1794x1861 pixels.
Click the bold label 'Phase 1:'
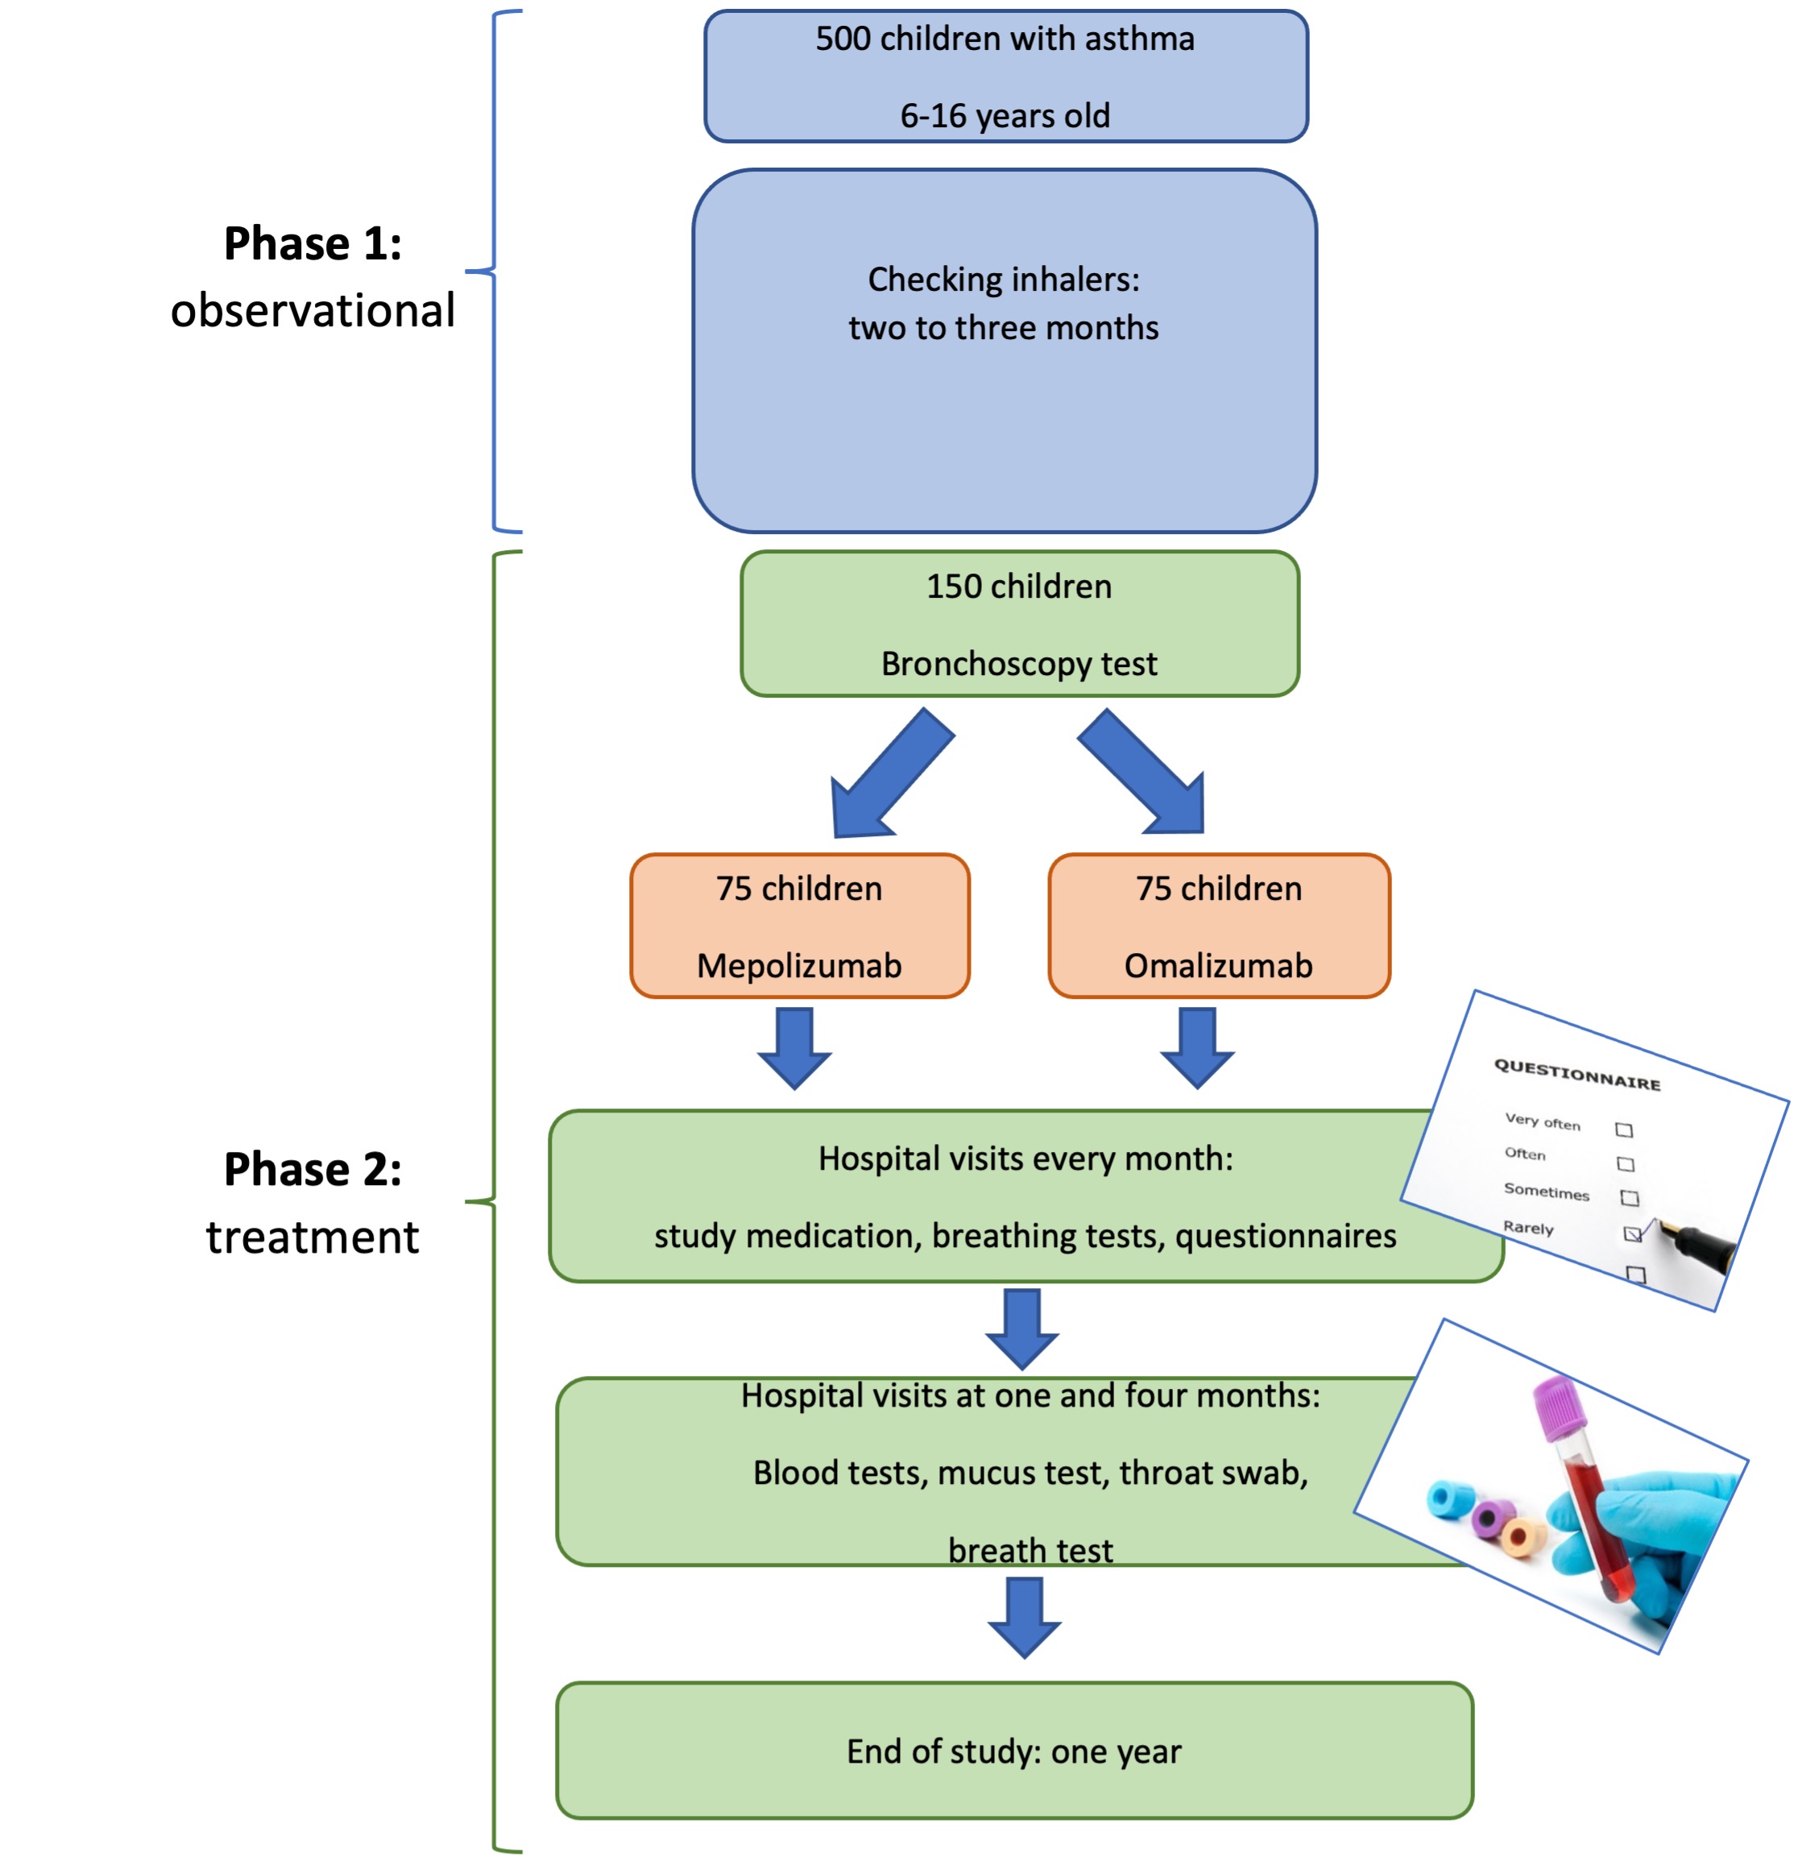point(313,243)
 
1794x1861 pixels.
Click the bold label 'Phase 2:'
point(313,1169)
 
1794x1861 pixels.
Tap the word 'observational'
point(313,310)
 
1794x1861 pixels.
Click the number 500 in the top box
point(842,39)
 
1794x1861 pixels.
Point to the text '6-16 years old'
point(1005,116)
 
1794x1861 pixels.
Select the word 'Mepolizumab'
point(799,966)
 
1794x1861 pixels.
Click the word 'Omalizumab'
point(1218,966)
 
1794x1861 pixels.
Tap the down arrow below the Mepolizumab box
point(794,1048)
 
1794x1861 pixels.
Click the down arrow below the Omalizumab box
point(1197,1048)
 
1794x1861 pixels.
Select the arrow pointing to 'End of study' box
point(1024,1617)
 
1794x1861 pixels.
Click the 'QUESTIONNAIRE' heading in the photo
point(1576,1075)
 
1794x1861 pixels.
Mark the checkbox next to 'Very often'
point(1624,1129)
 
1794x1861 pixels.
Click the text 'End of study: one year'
point(1013,1751)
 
